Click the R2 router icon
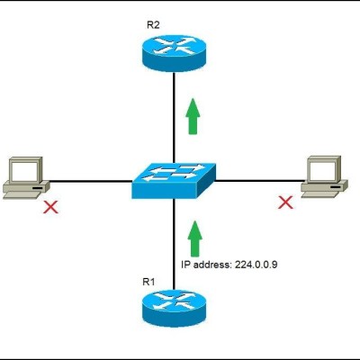(x=174, y=53)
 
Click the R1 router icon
(x=174, y=308)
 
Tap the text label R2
(x=153, y=25)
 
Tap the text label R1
(x=148, y=282)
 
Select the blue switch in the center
(x=174, y=181)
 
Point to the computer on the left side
(x=26, y=177)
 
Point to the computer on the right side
(x=324, y=176)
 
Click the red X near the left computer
(x=50, y=207)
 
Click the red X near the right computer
(x=285, y=202)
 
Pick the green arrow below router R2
(x=193, y=116)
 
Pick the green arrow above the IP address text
(x=195, y=238)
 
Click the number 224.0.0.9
(x=256, y=265)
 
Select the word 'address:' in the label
(x=212, y=265)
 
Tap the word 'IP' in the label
(x=185, y=265)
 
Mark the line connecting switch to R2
(x=174, y=118)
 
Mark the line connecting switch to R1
(x=174, y=244)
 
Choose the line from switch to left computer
(x=90, y=181)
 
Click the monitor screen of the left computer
(x=24, y=170)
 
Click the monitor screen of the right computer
(x=322, y=169)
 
